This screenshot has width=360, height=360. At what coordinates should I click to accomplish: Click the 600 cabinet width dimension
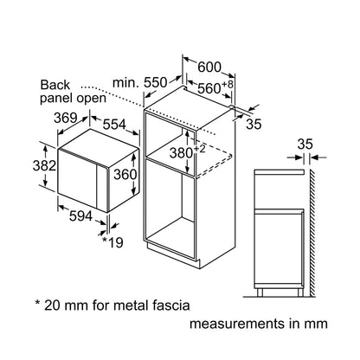point(209,67)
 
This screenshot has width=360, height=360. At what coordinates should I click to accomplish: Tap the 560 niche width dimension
point(209,88)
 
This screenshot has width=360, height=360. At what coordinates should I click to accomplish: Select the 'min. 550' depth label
point(140,83)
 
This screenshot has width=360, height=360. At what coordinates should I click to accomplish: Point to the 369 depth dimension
point(66,118)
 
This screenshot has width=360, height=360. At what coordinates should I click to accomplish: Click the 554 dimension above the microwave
point(114,125)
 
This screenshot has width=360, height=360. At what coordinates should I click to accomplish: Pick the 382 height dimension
point(44,166)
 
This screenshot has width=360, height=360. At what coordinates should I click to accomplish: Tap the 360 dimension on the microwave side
point(125,175)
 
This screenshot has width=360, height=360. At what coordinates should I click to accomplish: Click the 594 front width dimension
point(80,216)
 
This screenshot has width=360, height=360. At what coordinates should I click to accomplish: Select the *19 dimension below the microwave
point(112,242)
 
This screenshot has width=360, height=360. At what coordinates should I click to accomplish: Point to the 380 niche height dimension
point(181,153)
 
